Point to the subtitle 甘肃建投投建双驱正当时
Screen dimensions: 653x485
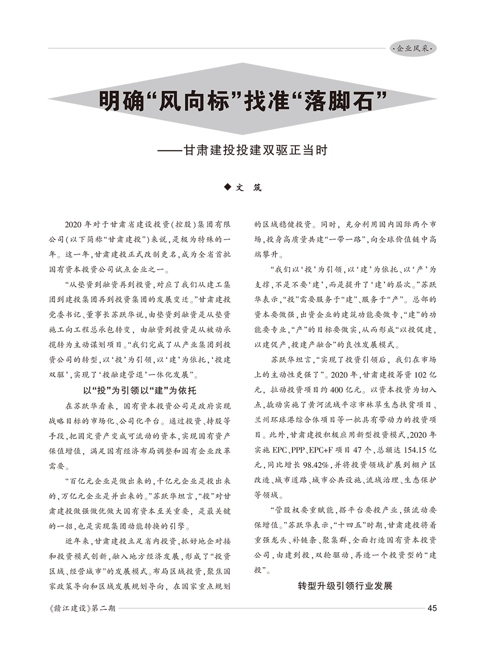coord(255,150)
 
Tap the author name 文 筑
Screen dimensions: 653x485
coord(248,188)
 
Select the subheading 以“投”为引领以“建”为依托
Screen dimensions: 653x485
coord(140,391)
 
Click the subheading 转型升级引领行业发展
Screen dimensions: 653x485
coord(345,586)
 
